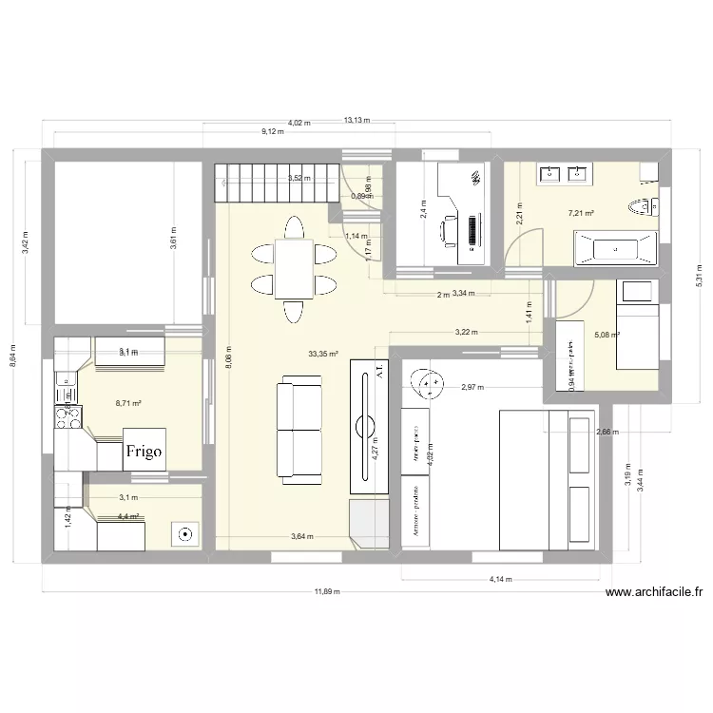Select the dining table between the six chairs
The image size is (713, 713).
click(293, 269)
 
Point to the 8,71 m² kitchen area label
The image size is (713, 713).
click(102, 403)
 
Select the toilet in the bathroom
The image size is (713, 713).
click(648, 205)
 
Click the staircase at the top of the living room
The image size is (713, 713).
click(277, 183)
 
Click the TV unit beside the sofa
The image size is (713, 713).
click(370, 426)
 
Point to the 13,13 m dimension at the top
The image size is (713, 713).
click(356, 121)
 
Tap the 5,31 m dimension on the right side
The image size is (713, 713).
click(699, 276)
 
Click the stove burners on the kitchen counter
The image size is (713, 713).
click(67, 414)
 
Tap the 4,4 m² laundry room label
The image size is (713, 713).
click(127, 516)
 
